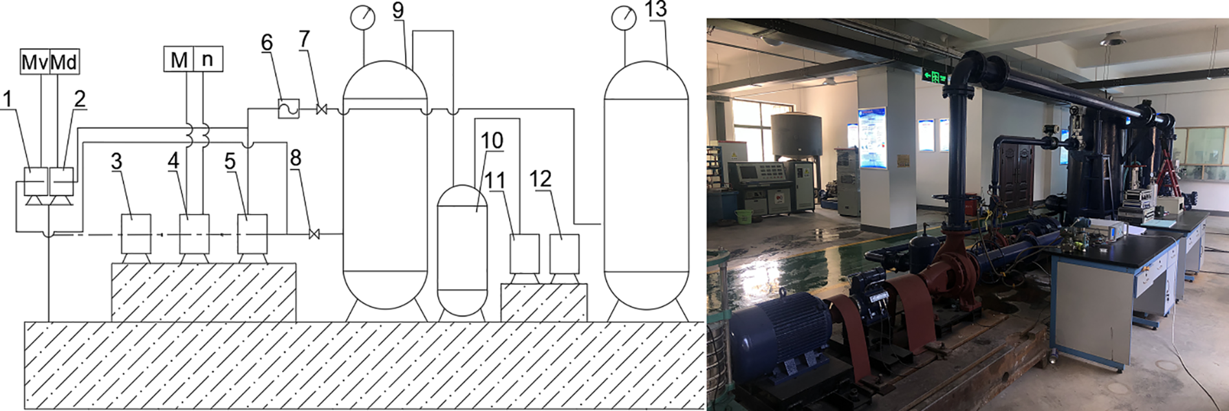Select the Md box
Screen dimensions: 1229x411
(x=64, y=61)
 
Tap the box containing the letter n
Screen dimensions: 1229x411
(x=208, y=59)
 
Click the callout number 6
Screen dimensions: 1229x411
(x=267, y=43)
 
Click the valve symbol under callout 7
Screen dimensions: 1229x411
(x=321, y=109)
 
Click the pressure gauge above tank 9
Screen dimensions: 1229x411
(x=363, y=17)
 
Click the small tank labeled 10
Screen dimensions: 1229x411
(x=462, y=250)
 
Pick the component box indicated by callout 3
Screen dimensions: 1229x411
(x=136, y=234)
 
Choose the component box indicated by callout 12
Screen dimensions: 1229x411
(x=564, y=254)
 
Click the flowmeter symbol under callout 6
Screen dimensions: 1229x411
(x=288, y=108)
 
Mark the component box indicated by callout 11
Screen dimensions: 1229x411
(x=524, y=254)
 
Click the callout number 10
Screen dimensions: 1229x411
(x=492, y=140)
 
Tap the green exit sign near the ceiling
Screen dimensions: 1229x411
(x=935, y=76)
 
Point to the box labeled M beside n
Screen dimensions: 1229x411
(x=179, y=59)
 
